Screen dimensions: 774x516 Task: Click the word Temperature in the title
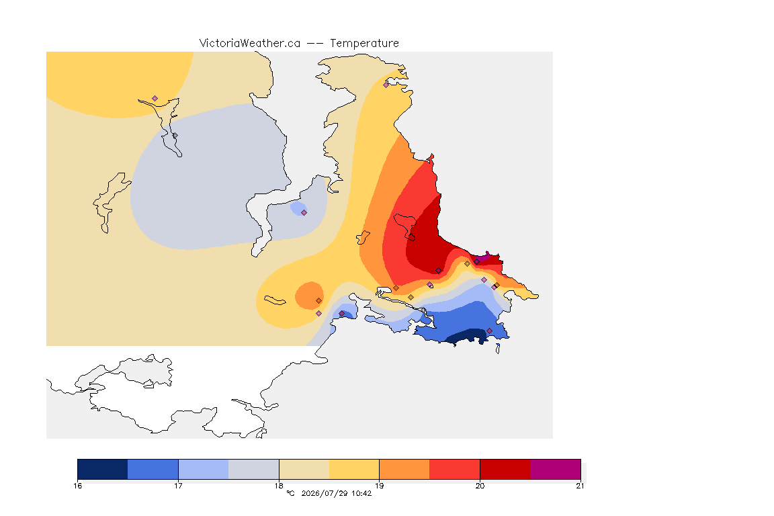coord(364,44)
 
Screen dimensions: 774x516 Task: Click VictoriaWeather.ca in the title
coord(250,44)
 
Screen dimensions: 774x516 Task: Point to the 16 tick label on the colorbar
coord(77,486)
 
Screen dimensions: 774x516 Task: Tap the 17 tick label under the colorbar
coord(178,486)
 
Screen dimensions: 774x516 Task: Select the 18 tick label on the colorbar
coord(279,486)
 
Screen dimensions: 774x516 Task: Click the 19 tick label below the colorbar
coord(379,486)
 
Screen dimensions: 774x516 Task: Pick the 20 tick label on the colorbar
coord(480,486)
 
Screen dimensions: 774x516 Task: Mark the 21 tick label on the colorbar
coord(580,486)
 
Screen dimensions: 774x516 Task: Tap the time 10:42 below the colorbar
coord(361,493)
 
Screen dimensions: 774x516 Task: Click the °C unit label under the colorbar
coord(290,493)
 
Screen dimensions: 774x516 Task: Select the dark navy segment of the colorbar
coord(103,469)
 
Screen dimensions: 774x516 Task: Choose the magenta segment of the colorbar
coord(556,469)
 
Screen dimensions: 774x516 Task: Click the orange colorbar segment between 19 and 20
coord(404,469)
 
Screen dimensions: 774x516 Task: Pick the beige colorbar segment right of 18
coord(304,469)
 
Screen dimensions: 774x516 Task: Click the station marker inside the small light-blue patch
coord(304,213)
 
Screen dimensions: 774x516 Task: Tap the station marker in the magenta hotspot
coord(477,261)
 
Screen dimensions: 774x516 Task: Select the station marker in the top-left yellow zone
coord(155,99)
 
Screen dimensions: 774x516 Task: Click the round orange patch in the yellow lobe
coord(310,296)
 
